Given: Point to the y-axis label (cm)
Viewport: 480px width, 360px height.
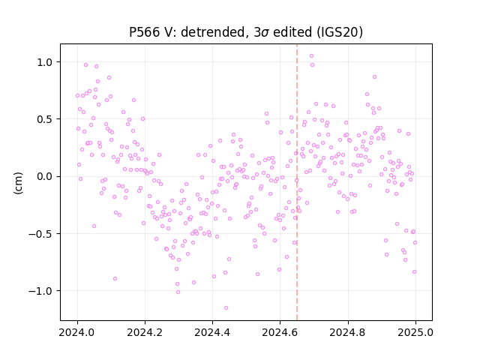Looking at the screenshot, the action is pos(18,183).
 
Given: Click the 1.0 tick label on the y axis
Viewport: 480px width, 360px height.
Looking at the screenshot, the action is pos(45,62).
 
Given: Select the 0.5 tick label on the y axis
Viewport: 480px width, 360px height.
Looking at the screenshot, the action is pos(45,119).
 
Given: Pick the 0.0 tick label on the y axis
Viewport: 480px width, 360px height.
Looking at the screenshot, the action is pos(45,177).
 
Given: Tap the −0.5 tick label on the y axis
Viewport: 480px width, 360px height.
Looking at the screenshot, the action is pos(40,234).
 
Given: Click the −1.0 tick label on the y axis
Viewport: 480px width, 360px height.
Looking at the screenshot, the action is pos(40,291).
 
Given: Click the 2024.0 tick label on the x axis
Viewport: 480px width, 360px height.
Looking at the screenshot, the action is pos(76,332).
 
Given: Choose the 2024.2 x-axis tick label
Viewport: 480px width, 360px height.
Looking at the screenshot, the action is pos(145,332).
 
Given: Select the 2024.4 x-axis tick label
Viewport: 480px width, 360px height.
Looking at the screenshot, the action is pos(212,332).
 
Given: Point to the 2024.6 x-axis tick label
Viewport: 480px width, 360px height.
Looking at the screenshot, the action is pos(280,332).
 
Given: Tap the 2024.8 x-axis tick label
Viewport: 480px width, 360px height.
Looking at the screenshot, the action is pos(347,332).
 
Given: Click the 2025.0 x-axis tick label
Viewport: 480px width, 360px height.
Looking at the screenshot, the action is pos(415,332).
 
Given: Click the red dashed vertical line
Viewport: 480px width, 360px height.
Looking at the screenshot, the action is pos(297,182).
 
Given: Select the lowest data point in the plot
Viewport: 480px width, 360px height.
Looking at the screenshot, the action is pos(226,308).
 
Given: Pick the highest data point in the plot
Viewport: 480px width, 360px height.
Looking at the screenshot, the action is pos(312,56).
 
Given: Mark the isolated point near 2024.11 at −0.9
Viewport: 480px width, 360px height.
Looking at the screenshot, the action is pos(115,279).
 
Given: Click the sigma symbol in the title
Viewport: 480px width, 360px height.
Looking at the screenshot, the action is pos(265,33).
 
